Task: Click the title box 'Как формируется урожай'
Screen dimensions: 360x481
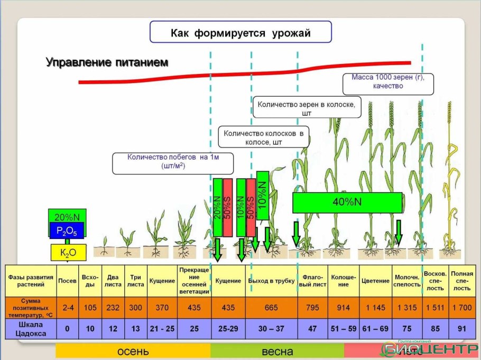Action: coord(240,33)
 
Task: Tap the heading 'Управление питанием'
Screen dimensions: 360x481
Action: coord(107,62)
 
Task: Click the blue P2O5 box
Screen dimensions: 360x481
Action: coord(67,230)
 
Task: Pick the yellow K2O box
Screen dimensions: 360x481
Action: coord(68,253)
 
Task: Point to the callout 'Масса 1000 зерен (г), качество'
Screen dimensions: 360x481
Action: coord(388,81)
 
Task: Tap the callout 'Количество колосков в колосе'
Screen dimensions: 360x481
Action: coord(263,137)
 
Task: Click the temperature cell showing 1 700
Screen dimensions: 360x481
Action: coord(461,308)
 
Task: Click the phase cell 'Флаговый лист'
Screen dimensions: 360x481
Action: coord(313,280)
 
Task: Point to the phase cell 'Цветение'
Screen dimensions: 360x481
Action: coord(375,280)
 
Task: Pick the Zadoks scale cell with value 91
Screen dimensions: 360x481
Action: coord(461,328)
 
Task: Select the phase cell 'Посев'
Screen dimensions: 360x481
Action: coord(67,280)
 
